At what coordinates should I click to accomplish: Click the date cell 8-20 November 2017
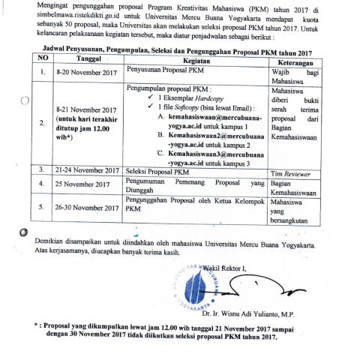tap(87, 72)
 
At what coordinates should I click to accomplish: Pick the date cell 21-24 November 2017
tap(87, 170)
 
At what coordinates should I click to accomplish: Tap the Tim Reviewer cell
tap(290, 171)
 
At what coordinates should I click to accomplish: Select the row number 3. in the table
tap(42, 170)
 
